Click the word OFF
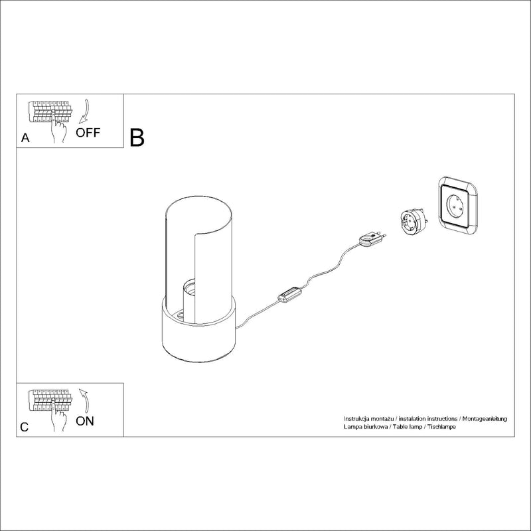coord(88,132)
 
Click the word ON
coord(85,421)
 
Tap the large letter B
coord(137,137)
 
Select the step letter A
coord(25,138)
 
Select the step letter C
coord(25,427)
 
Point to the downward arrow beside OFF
coord(84,111)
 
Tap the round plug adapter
coord(414,222)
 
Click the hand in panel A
coord(58,127)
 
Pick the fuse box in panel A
coord(50,112)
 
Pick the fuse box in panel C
coord(50,401)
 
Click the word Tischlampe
coord(441,427)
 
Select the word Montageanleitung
coord(485,419)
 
